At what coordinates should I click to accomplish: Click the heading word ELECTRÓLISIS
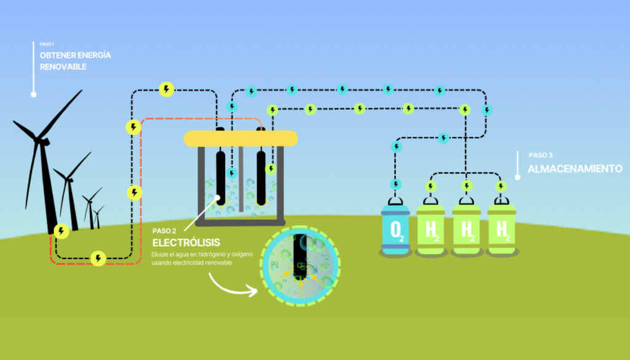pyautogui.click(x=186, y=242)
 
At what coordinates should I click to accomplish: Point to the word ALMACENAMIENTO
pyautogui.click(x=575, y=168)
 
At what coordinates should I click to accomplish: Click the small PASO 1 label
pyautogui.click(x=47, y=44)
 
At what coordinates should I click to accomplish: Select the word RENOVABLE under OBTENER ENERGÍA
pyautogui.click(x=63, y=66)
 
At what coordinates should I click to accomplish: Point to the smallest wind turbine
pyautogui.click(x=98, y=217)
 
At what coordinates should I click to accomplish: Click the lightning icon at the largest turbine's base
pyautogui.click(x=61, y=231)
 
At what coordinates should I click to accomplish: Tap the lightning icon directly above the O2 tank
pyautogui.click(x=396, y=185)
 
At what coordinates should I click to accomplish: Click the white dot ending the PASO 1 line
pyautogui.click(x=33, y=94)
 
